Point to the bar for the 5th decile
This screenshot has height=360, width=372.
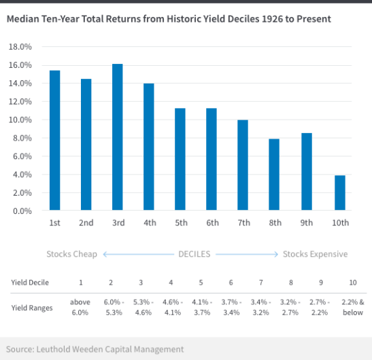180,160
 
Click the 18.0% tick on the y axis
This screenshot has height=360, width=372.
20,47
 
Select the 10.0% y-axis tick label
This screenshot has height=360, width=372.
20,120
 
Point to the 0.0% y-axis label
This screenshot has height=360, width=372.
22,211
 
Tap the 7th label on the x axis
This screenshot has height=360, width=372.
243,223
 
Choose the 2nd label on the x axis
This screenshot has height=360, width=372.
86,223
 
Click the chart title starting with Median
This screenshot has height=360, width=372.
169,19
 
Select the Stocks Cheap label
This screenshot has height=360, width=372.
71,254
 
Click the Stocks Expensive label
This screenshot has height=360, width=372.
315,254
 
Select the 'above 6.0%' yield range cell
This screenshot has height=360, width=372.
80,307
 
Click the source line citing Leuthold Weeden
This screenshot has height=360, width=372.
95,349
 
